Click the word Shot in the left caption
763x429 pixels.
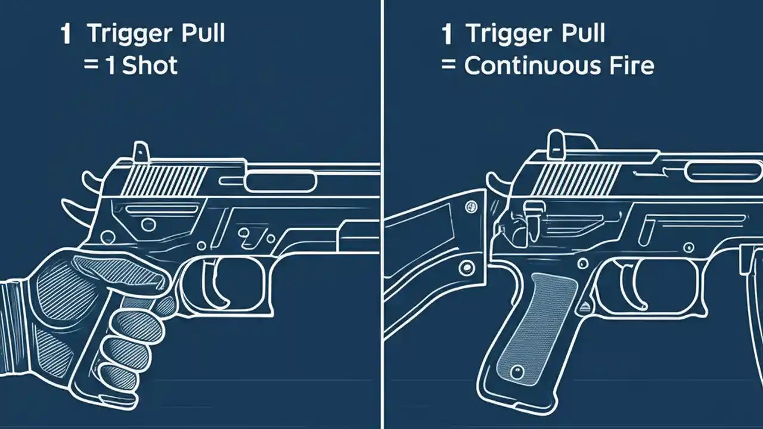(x=150, y=65)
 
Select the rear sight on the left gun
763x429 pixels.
(x=141, y=150)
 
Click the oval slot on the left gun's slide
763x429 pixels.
(x=280, y=181)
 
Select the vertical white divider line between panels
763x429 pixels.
(x=381, y=214)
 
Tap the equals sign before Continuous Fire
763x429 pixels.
(x=449, y=65)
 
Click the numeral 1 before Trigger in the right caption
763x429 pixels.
(x=446, y=35)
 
